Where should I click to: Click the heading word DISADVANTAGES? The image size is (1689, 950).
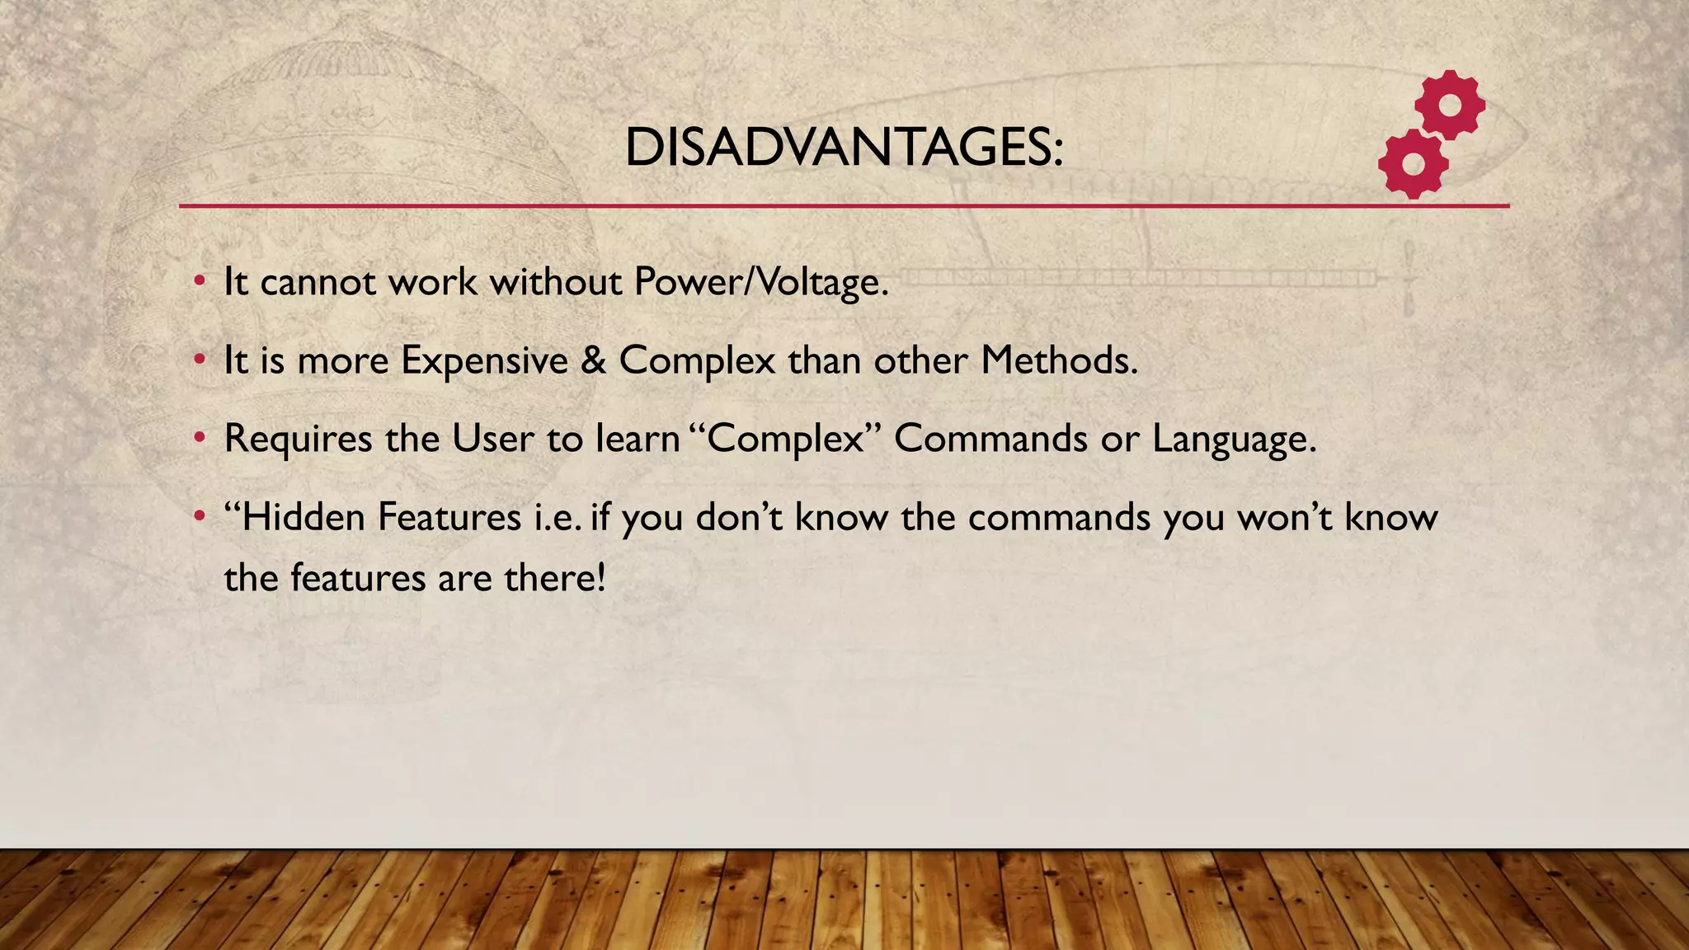point(844,148)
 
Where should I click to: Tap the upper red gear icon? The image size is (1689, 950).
point(1450,106)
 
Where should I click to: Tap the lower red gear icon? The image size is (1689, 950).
point(1413,163)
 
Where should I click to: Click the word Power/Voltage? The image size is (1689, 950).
point(761,282)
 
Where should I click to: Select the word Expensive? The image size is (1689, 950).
point(484,360)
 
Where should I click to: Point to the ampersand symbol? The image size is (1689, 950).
point(594,360)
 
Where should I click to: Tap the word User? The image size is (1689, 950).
point(492,439)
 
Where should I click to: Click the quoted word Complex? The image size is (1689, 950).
point(784,439)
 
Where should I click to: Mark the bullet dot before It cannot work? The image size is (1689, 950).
point(199,281)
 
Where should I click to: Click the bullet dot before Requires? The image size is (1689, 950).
point(199,438)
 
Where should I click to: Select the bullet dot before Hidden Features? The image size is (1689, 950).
point(199,517)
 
